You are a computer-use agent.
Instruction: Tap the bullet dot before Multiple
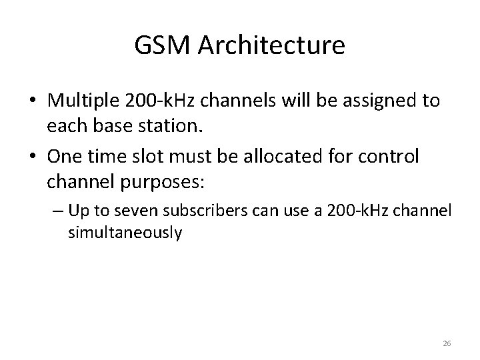(32, 101)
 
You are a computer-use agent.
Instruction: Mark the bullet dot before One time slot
(32, 157)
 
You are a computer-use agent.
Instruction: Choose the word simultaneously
(125, 233)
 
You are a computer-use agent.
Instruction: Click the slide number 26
(447, 343)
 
